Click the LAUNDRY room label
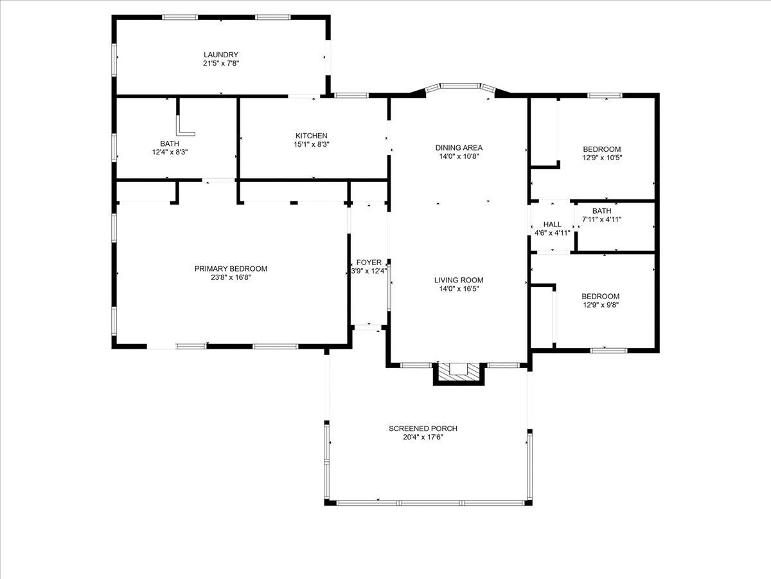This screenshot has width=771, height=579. pos(221,55)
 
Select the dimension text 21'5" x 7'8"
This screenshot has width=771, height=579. pos(221,64)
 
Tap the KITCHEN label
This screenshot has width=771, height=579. pos(311,136)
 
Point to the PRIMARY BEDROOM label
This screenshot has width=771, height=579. pos(231,269)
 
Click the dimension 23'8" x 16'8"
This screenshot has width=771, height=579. pos(231,278)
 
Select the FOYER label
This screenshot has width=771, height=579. pos(369,262)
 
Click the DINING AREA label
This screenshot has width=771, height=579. pos(458,147)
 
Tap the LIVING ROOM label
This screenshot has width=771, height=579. pos(458,280)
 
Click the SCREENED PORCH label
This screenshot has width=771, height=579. pos(423,428)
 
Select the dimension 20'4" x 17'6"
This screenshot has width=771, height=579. pos(423,437)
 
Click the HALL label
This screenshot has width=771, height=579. pos(552,224)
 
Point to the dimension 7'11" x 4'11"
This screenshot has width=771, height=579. pos(601,219)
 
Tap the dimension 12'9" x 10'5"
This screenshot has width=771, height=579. pos(601,158)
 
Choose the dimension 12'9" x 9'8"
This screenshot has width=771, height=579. pos(600,305)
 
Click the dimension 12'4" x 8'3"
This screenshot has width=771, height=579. pos(170,152)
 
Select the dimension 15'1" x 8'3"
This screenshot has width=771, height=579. pos(311,145)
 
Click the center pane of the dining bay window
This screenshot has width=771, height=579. pos(459,85)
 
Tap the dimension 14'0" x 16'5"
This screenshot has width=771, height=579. pos(458,289)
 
